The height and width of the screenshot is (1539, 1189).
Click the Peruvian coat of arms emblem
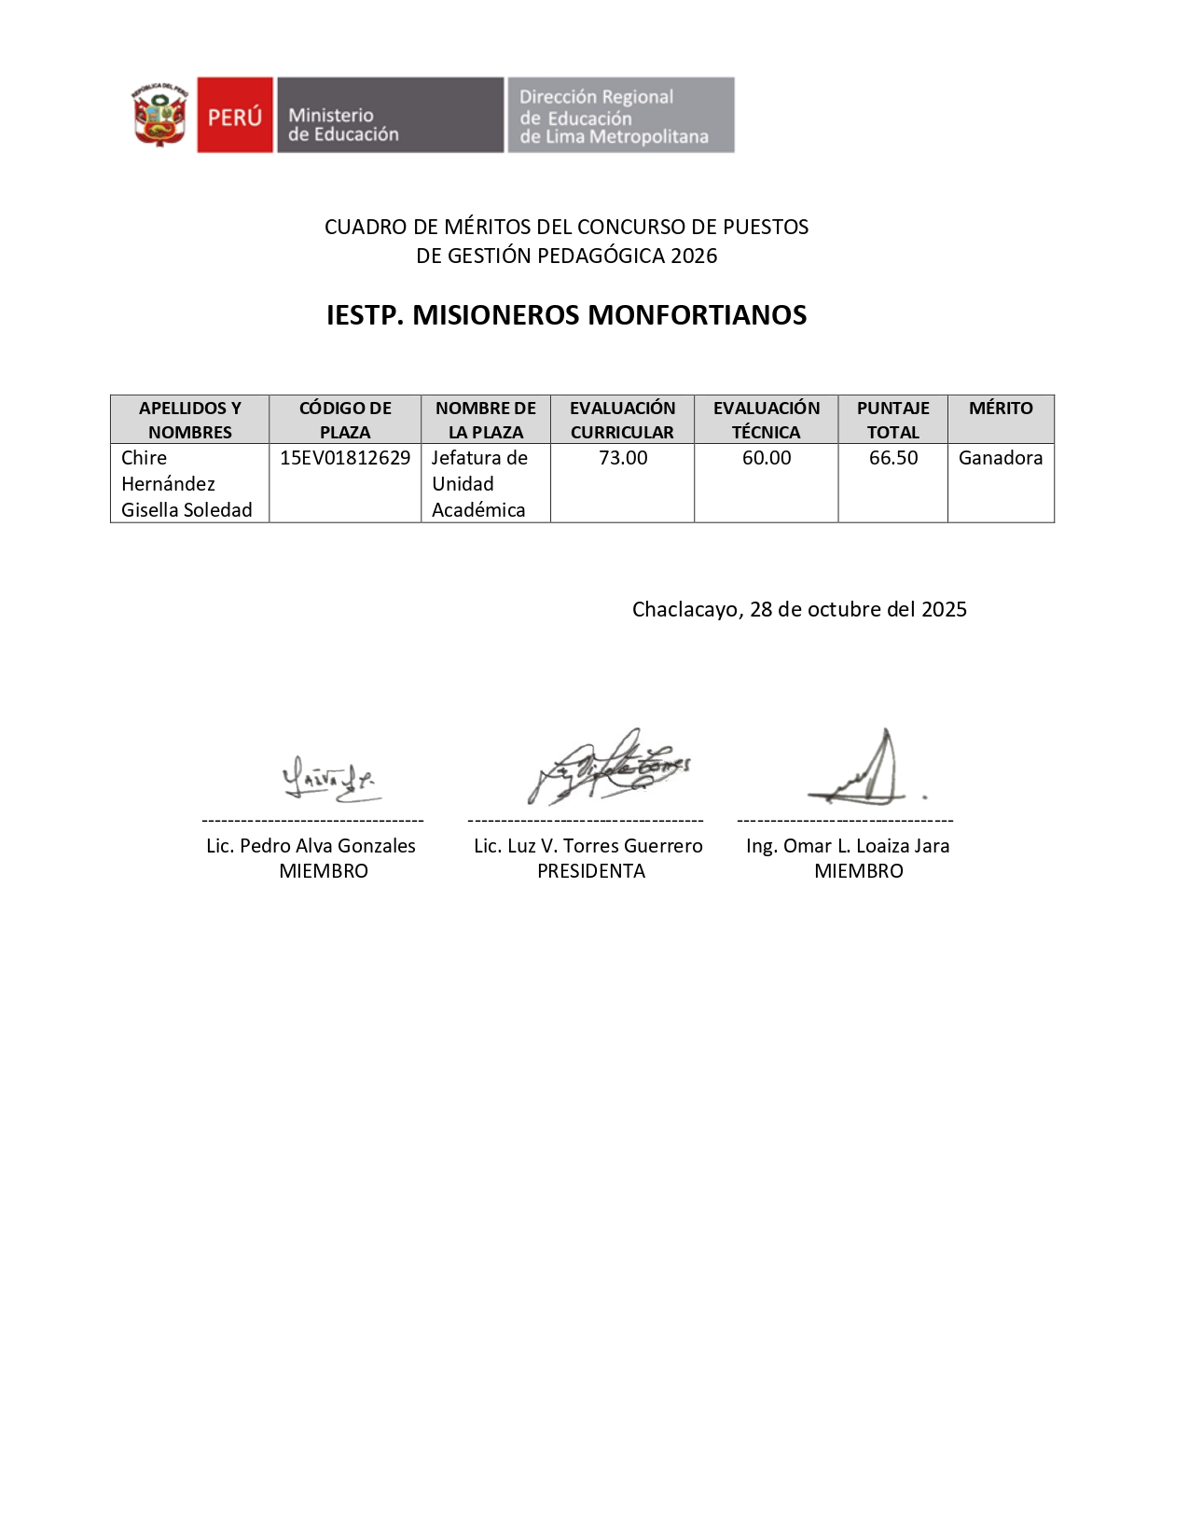coord(159,115)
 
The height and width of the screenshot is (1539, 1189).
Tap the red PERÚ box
coord(235,115)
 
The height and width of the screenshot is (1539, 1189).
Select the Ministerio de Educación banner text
coord(343,125)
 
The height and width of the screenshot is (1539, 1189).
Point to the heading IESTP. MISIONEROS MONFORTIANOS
coord(566,315)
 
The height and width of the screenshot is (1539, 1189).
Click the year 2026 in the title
coord(694,256)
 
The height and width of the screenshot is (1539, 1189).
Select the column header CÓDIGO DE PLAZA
coord(345,420)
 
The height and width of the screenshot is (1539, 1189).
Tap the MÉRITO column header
coord(1001,409)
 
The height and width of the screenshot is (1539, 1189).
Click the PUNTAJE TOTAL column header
coord(892,420)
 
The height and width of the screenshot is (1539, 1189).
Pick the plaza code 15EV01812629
coord(345,458)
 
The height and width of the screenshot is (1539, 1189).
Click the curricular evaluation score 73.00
coord(623,458)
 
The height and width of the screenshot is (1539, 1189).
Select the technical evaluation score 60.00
coord(767,458)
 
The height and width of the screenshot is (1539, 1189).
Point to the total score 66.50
coord(893,458)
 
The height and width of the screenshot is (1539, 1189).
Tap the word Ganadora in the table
coord(1001,458)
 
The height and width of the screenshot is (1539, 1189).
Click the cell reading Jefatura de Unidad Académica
coord(479,483)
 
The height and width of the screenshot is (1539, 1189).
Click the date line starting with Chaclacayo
coord(799,609)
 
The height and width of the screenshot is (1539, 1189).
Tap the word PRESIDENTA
coord(591,871)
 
